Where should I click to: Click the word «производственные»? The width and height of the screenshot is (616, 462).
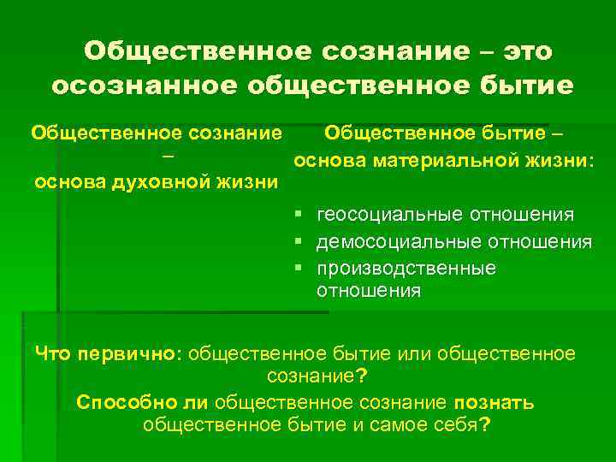click(x=406, y=269)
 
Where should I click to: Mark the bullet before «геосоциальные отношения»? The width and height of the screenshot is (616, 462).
click(x=298, y=214)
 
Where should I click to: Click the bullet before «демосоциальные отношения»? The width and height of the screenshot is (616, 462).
click(x=298, y=242)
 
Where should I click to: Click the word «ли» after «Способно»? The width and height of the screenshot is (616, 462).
click(x=192, y=402)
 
